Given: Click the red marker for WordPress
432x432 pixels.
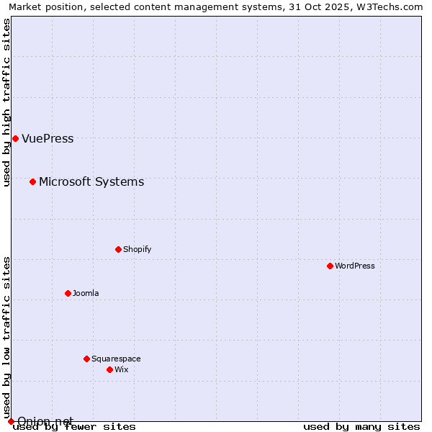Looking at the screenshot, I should (x=330, y=266).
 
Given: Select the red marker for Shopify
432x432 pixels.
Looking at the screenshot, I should (x=118, y=249).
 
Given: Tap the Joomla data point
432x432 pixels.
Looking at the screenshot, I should (x=68, y=293).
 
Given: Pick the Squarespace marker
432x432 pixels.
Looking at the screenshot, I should (x=86, y=359).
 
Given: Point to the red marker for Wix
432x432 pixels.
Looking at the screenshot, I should (x=109, y=369).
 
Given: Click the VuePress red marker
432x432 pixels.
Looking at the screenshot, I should (x=15, y=138).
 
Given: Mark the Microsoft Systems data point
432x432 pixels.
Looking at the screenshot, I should (x=32, y=181).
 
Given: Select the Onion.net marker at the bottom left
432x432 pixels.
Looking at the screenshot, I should (x=11, y=420).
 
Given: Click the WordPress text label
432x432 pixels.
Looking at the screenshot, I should (x=355, y=266).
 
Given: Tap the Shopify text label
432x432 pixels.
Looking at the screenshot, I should (x=137, y=249).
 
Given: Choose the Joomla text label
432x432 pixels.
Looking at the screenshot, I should (x=86, y=293).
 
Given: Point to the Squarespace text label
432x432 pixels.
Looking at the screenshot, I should (x=116, y=359).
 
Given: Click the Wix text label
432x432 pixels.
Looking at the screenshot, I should (x=121, y=369).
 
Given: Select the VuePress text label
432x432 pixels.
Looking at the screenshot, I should (x=48, y=138).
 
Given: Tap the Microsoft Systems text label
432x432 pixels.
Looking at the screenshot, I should (x=91, y=181).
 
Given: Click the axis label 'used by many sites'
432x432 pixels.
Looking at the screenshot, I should (x=361, y=426).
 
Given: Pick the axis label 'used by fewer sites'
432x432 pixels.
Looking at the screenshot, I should (x=74, y=426).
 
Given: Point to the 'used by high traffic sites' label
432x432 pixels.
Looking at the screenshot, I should (x=6, y=102).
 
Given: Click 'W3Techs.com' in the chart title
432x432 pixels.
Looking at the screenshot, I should (x=392, y=6).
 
